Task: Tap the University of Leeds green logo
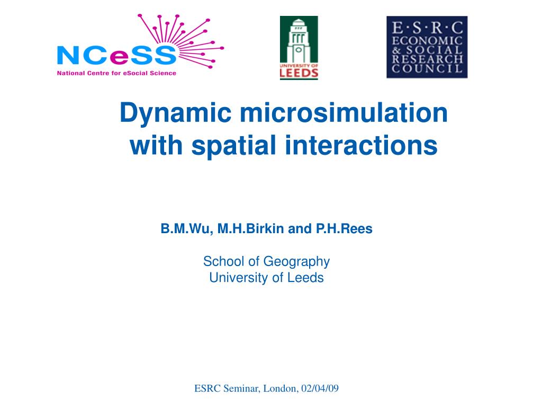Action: tap(299, 48)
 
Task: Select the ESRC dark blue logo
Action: tap(427, 47)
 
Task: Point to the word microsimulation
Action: tap(344, 113)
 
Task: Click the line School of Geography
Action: tap(266, 261)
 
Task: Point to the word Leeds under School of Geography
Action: tap(305, 278)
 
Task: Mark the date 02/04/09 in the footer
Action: tap(320, 388)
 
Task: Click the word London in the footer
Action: tap(280, 388)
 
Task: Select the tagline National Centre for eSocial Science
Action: tap(116, 73)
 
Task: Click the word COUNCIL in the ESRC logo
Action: tap(427, 69)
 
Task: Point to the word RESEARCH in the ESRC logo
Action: tap(427, 58)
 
